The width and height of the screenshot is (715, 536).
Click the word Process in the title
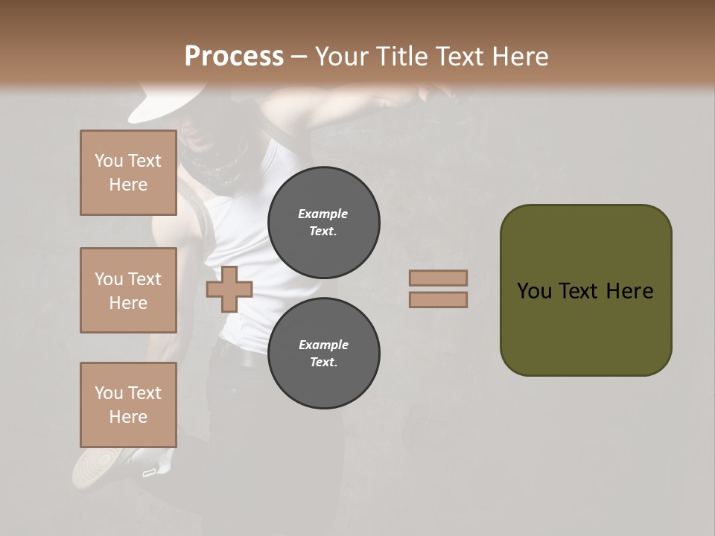234,57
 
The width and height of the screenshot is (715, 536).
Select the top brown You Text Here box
128,173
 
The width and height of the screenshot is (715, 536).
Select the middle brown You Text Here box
128,290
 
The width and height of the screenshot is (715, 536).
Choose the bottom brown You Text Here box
128,404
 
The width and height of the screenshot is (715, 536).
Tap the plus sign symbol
229,289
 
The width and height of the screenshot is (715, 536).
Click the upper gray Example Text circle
323,222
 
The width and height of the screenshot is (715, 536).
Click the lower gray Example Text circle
323,353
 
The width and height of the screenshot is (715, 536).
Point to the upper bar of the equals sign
438,278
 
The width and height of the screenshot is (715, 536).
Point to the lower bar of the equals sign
438,300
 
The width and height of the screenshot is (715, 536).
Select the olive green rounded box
585,290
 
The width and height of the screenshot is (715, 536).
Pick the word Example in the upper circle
322,214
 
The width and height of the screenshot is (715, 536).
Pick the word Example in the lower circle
322,345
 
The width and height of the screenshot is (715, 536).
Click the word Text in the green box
581,291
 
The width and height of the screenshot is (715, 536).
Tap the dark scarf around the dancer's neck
220,167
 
